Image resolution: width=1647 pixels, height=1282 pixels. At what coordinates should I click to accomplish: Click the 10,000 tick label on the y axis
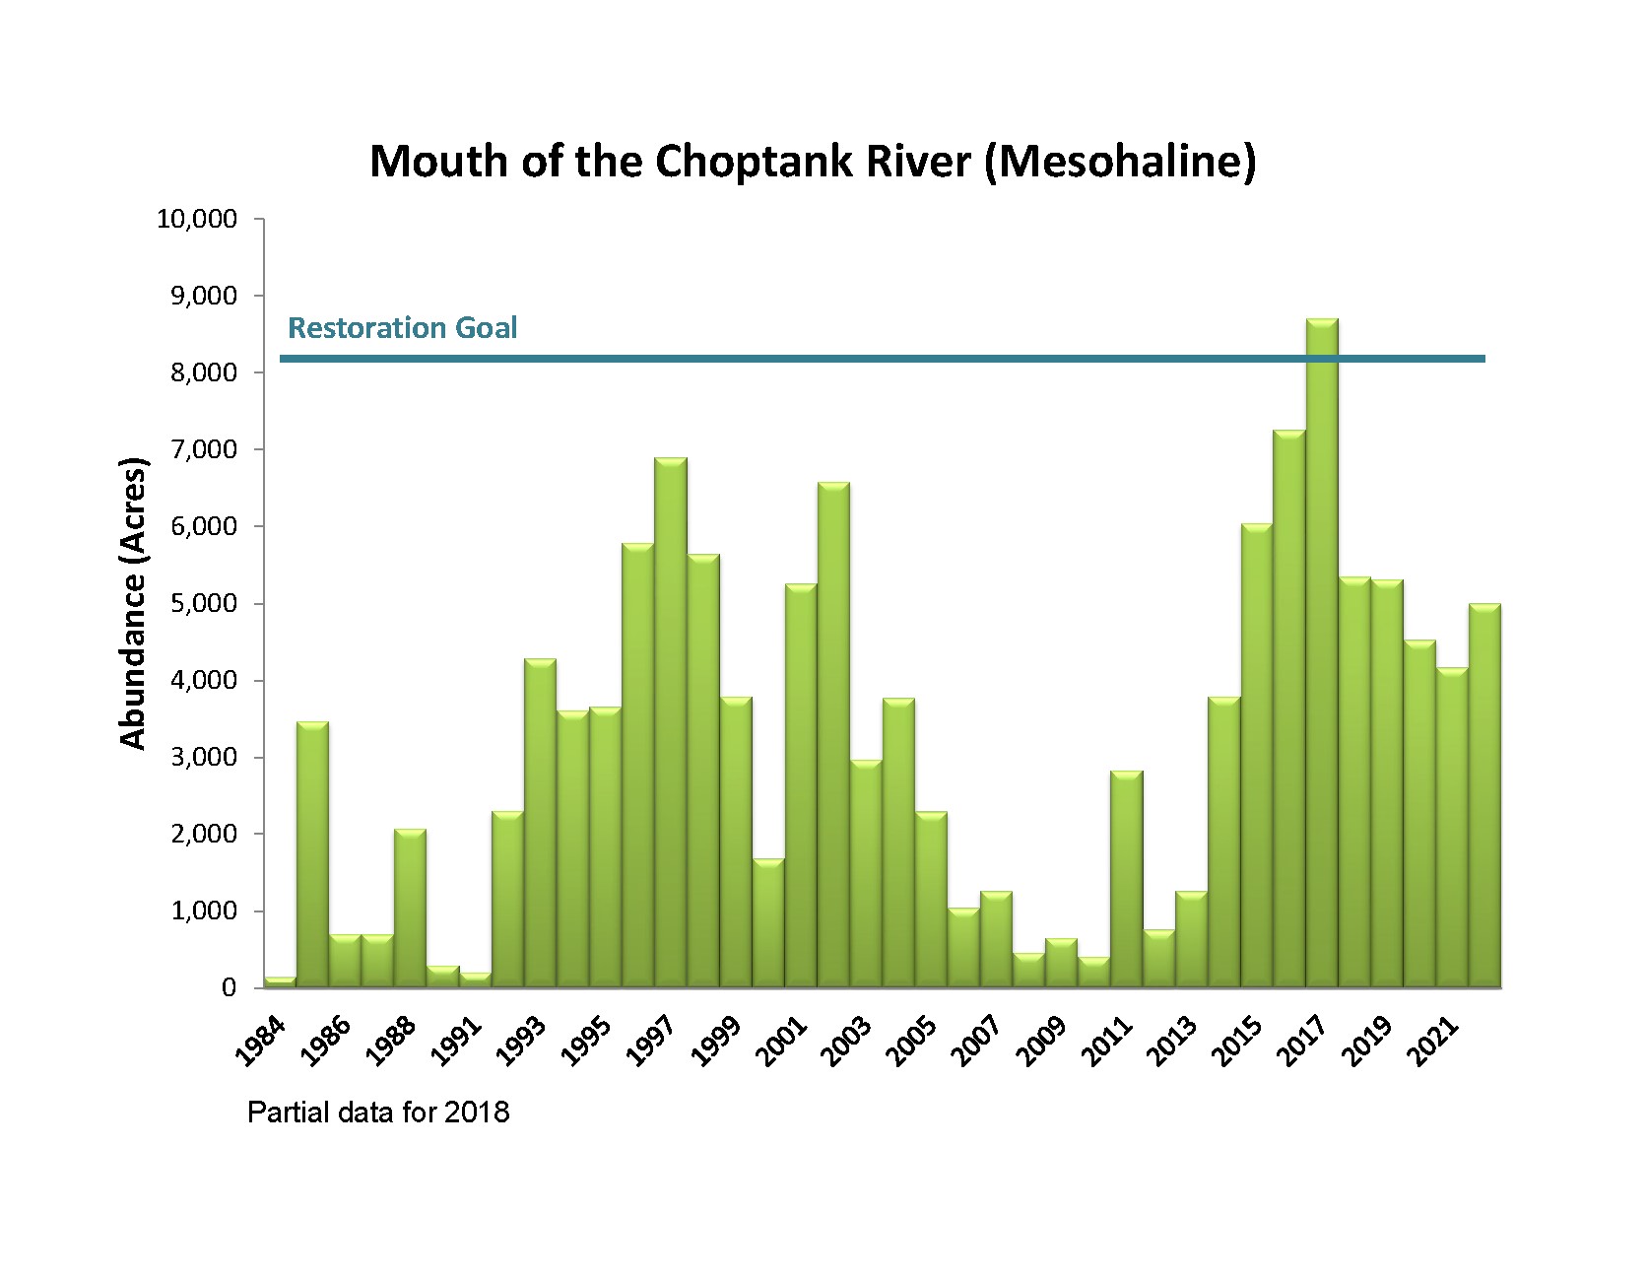(197, 219)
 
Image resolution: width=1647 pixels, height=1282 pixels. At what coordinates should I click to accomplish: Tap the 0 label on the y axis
(229, 987)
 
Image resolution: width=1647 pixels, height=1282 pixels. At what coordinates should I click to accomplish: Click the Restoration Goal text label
(402, 327)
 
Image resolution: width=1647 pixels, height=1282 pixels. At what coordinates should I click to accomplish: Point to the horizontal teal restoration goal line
(788, 359)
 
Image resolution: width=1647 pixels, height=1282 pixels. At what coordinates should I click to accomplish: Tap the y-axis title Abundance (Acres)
(132, 603)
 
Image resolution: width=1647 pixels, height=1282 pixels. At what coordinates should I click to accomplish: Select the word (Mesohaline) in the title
(1120, 162)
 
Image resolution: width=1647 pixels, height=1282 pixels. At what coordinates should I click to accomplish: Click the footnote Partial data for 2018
(378, 1113)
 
